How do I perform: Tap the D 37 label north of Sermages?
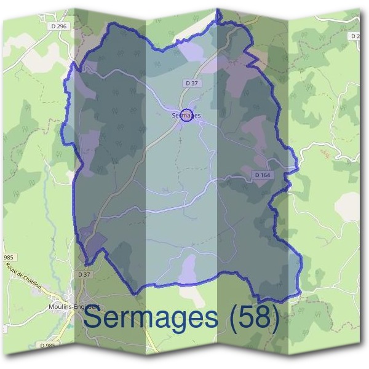[x=191, y=82]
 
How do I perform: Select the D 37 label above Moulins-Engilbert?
[x=84, y=274]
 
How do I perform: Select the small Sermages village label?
[x=186, y=115]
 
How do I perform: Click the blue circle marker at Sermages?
[x=187, y=114]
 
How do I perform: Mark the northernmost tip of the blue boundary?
[x=218, y=10]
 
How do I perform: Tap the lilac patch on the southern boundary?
[x=189, y=269]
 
